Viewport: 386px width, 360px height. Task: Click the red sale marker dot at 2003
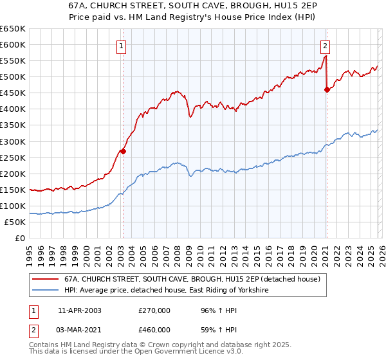pyautogui.click(x=123, y=152)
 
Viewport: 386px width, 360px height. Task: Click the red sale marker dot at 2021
pyautogui.click(x=326, y=89)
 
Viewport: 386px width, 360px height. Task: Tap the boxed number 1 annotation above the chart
pyautogui.click(x=122, y=46)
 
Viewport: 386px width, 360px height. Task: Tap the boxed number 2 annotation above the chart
pyautogui.click(x=326, y=46)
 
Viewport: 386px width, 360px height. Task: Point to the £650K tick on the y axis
pyautogui.click(x=13, y=29)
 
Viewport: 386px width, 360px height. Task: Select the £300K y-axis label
pyautogui.click(x=13, y=141)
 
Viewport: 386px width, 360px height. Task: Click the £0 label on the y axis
pyautogui.click(x=19, y=239)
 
